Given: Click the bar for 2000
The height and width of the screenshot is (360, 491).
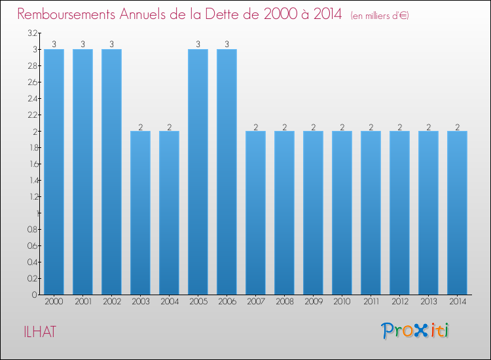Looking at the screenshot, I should (x=54, y=171).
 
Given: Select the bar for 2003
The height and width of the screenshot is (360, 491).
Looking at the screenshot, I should (x=140, y=213).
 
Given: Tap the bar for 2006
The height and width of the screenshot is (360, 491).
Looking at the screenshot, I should (x=227, y=171).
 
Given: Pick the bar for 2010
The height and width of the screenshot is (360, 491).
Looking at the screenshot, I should (x=342, y=213).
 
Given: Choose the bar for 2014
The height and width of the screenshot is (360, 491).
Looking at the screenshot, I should (x=457, y=213).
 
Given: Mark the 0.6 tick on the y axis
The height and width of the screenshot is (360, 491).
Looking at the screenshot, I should (x=31, y=245).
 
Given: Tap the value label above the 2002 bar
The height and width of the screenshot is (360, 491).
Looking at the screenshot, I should (x=111, y=45).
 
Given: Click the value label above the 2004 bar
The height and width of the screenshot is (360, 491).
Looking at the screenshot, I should (x=169, y=126).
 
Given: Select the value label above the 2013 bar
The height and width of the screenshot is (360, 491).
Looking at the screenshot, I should (x=428, y=126).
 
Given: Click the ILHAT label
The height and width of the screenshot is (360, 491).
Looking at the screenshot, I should (x=37, y=332).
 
